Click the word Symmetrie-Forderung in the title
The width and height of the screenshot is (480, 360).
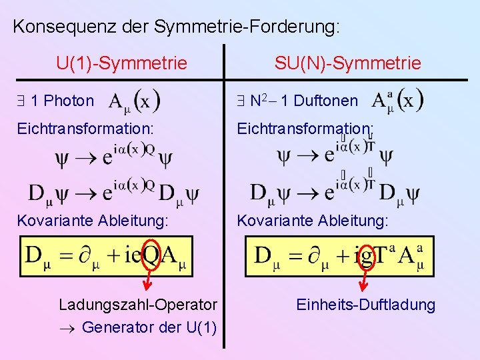pyautogui.click(x=247, y=27)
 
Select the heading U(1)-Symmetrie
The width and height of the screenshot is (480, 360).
pyautogui.click(x=122, y=63)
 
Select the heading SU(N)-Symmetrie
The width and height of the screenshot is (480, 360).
pyautogui.click(x=348, y=63)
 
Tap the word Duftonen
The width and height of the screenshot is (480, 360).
pyautogui.click(x=325, y=101)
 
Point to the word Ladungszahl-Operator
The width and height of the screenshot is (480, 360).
pyautogui.click(x=138, y=305)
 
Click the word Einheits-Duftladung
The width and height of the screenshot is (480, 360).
pyautogui.click(x=366, y=305)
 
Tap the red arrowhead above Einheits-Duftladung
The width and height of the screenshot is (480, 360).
pyautogui.click(x=364, y=287)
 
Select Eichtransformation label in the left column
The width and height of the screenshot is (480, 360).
pyautogui.click(x=85, y=127)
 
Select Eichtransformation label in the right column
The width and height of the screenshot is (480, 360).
pyautogui.click(x=305, y=127)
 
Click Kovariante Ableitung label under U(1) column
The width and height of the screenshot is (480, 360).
pyautogui.click(x=93, y=220)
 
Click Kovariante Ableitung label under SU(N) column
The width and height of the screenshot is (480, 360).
pyautogui.click(x=313, y=220)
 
